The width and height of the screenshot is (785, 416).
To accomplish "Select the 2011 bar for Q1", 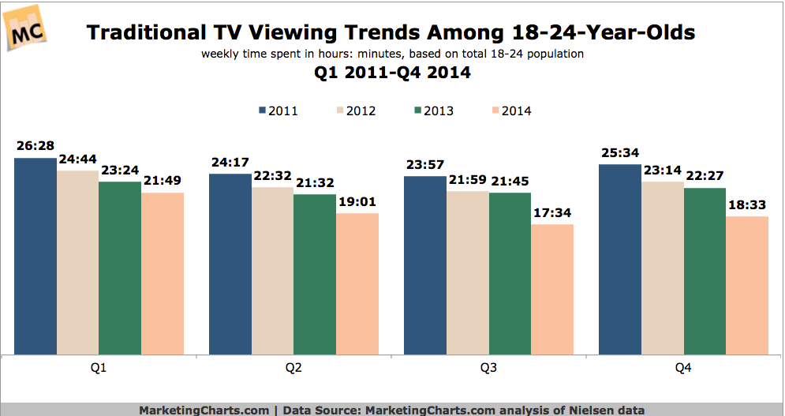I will tap(36, 257).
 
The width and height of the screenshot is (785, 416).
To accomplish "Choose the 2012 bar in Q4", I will tap(663, 268).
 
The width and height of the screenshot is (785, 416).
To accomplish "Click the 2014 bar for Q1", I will tap(163, 273).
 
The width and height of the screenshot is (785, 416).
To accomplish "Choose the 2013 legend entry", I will tap(432, 111).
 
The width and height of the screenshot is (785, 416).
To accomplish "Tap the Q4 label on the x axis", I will tap(683, 369).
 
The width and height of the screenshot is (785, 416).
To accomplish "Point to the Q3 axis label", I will tap(488, 369).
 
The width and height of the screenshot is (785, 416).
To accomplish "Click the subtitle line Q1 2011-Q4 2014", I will tap(392, 73).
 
